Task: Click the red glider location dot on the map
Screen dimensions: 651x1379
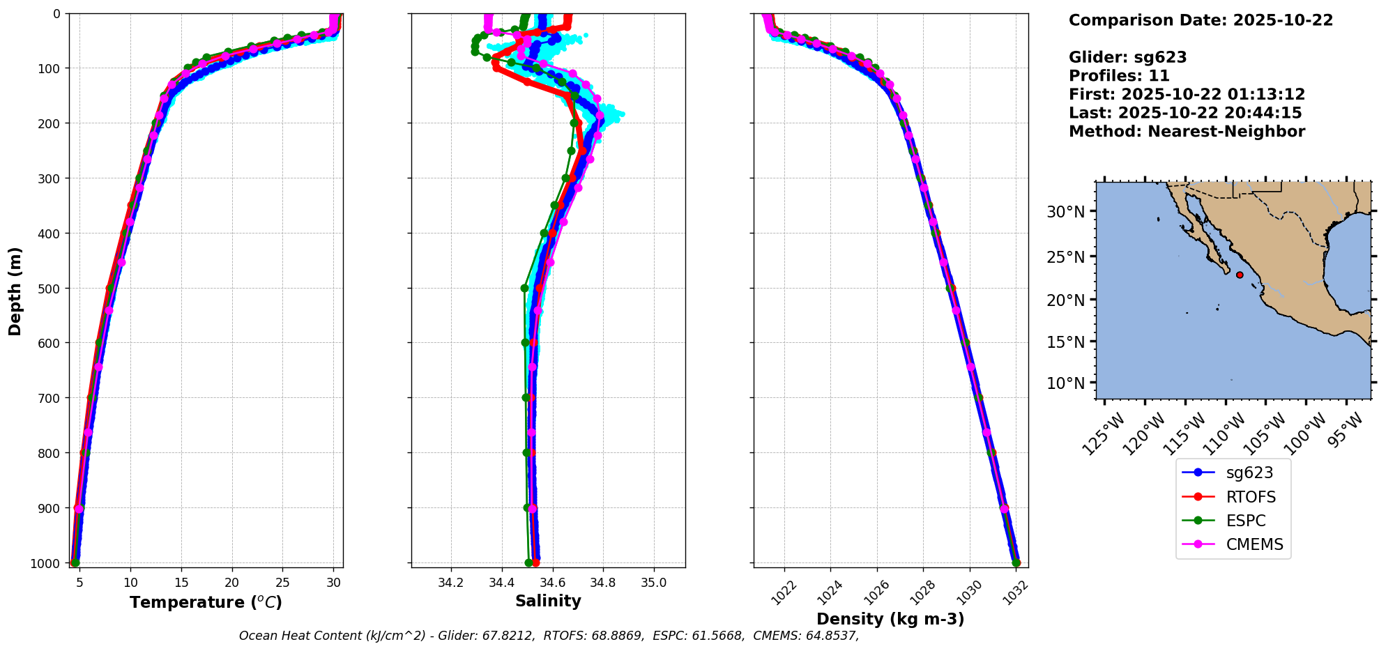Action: (x=1240, y=275)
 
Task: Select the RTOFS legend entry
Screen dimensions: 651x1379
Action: (x=1251, y=497)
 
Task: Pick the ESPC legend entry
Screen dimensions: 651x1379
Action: (x=1245, y=521)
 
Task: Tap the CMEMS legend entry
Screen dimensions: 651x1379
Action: (x=1254, y=544)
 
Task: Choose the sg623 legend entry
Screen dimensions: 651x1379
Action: (x=1249, y=473)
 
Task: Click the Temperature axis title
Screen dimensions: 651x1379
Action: (x=206, y=602)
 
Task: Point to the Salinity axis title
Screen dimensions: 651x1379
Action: (x=548, y=601)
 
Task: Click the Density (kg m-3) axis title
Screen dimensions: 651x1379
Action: (x=890, y=619)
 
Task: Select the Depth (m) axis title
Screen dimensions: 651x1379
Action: (x=15, y=291)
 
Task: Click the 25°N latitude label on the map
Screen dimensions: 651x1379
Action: (x=1065, y=257)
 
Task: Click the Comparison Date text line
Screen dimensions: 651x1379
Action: (x=1201, y=20)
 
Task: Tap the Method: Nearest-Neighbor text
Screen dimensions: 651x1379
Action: (x=1187, y=132)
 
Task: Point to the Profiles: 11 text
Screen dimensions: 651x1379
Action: (x=1119, y=76)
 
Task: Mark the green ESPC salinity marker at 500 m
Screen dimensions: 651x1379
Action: (x=525, y=288)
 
